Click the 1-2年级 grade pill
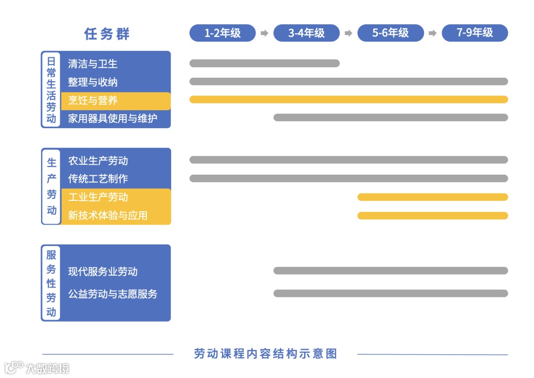click(x=222, y=33)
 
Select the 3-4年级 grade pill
click(x=307, y=33)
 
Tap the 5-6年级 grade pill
click(x=391, y=33)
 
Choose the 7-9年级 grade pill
click(x=475, y=33)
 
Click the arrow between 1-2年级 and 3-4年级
click(x=265, y=33)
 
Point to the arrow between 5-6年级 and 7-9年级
click(x=433, y=33)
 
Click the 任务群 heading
click(x=107, y=34)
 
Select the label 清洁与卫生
click(x=93, y=64)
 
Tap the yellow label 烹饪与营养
click(x=93, y=100)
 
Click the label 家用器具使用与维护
click(x=113, y=119)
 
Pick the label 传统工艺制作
click(x=98, y=179)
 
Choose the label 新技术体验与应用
click(x=108, y=215)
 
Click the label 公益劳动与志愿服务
click(x=113, y=294)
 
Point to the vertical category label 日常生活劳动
click(x=51, y=90)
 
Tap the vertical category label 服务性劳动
click(x=51, y=283)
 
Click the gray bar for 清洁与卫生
click(x=265, y=63)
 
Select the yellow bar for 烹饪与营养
click(x=349, y=99)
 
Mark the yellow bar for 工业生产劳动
click(x=433, y=197)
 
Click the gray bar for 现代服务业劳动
click(x=391, y=271)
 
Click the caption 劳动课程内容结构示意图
click(x=266, y=354)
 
